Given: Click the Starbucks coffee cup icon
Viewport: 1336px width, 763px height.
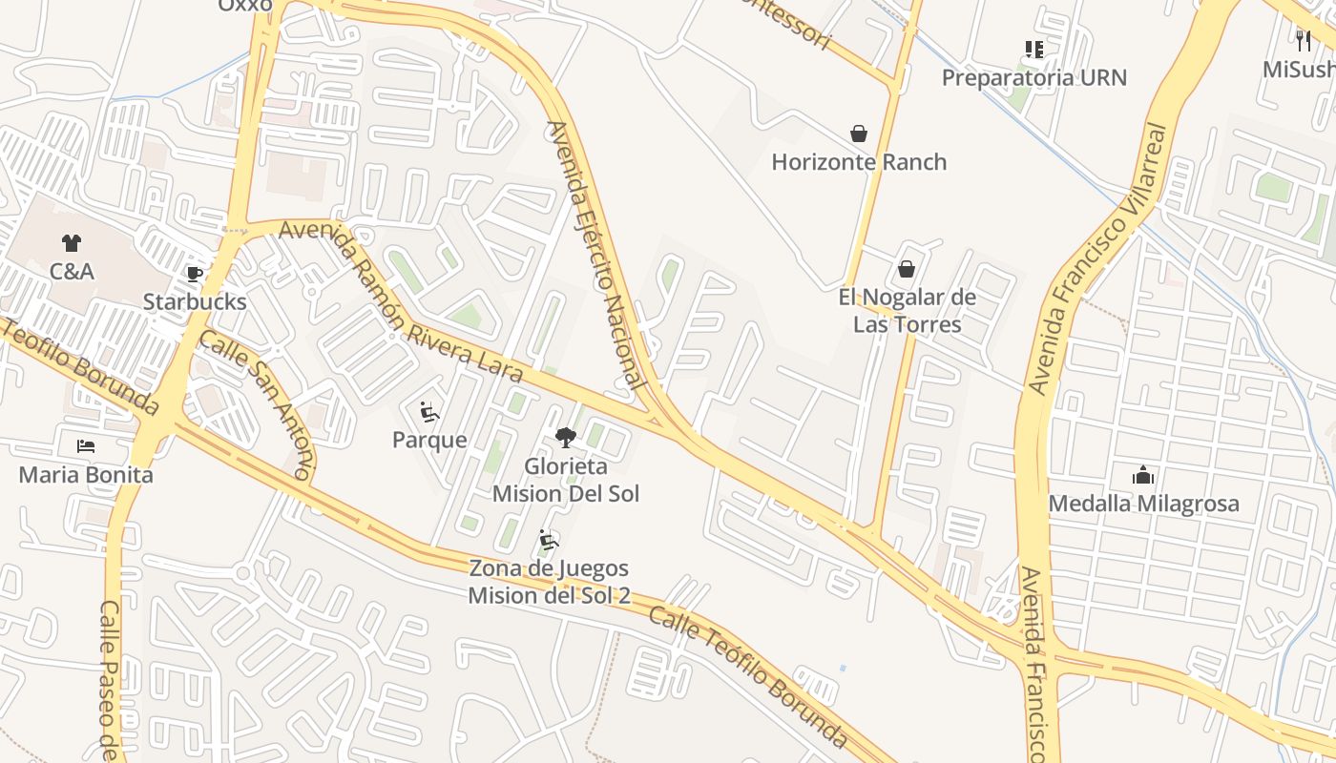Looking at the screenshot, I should [195, 275].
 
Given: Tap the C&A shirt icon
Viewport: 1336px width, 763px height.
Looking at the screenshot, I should [72, 243].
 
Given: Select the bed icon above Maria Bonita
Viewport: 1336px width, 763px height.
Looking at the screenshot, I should [86, 446].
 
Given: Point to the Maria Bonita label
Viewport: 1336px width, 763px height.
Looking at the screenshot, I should [86, 474].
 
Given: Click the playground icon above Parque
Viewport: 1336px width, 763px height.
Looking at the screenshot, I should [429, 412].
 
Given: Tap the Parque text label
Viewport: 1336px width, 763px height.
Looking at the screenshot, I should [429, 440].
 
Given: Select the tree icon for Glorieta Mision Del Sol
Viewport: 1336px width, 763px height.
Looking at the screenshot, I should [566, 438].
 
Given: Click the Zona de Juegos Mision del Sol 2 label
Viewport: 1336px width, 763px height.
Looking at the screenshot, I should [549, 582].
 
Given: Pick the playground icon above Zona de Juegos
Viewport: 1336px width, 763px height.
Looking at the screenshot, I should [549, 541].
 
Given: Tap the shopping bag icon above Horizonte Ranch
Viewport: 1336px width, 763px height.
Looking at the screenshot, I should [859, 134].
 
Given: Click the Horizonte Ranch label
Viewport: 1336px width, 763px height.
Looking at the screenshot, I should [859, 162].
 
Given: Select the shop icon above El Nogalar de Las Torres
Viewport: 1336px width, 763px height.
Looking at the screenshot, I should [907, 270].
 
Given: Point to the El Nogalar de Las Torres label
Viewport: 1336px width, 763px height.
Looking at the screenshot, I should [907, 311].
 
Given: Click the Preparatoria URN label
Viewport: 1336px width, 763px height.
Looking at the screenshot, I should [1034, 77].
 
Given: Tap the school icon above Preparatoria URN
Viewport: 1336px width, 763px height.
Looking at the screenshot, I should [1034, 50].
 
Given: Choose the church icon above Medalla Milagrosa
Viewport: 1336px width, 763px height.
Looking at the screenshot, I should [1143, 475].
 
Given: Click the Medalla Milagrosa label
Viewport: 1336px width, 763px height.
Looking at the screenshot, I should [1143, 503].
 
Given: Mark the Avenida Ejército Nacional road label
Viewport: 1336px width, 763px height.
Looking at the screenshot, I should [594, 255].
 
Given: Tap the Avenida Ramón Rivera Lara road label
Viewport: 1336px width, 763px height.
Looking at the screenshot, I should [401, 301].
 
